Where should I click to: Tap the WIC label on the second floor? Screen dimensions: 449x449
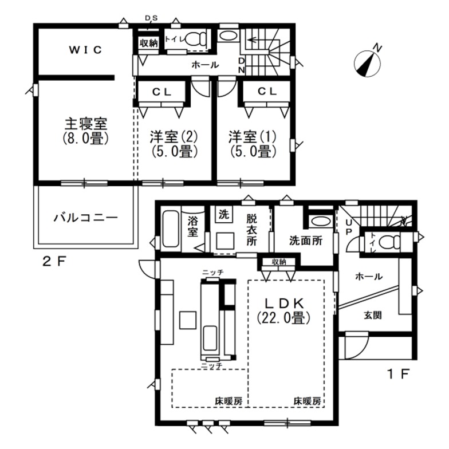[86, 50]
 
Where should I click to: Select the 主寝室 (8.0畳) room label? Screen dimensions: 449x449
[86, 131]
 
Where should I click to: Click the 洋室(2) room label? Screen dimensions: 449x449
[174, 144]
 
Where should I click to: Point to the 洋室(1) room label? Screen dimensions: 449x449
[253, 144]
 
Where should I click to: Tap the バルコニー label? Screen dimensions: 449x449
[86, 218]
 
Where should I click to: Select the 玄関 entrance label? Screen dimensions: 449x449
[373, 315]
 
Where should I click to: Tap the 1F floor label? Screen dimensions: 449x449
[397, 375]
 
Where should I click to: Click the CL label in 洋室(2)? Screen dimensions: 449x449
[163, 91]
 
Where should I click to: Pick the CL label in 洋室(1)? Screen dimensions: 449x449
[267, 91]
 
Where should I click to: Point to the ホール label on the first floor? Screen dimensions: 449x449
[369, 277]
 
